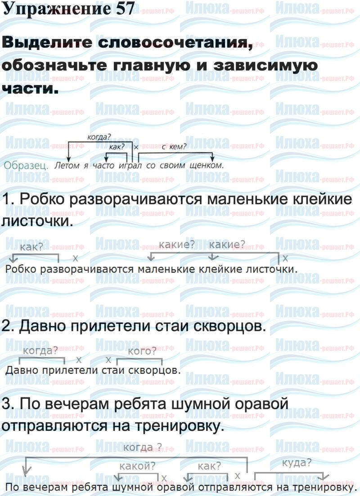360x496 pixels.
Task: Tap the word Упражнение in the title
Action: pyautogui.click(x=53, y=9)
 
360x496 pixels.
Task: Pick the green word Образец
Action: pyautogui.click(x=26, y=165)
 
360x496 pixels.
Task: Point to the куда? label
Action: pyautogui.click(x=297, y=463)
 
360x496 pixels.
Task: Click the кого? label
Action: pyautogui.click(x=142, y=351)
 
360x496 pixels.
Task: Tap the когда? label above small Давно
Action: pyautogui.click(x=40, y=351)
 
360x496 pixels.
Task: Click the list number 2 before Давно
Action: pyautogui.click(x=6, y=327)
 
